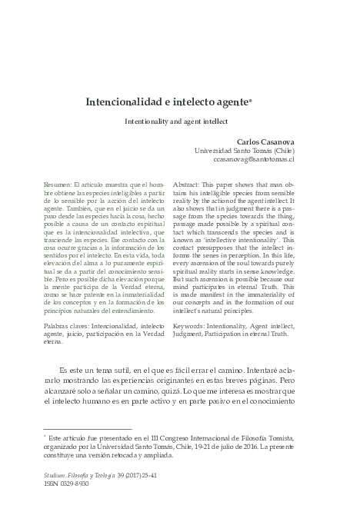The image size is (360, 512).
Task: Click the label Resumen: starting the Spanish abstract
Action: pyautogui.click(x=58, y=186)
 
